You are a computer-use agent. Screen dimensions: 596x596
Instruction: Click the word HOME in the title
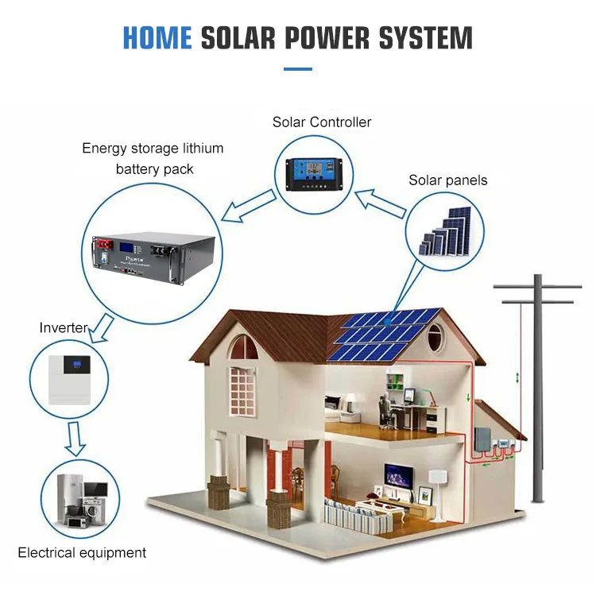[157, 38]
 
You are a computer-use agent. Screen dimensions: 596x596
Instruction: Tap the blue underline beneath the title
[297, 69]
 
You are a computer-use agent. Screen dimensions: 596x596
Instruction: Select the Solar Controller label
[322, 122]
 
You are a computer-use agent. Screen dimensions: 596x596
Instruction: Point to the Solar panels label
[448, 180]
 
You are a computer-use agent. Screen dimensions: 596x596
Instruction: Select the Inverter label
[64, 327]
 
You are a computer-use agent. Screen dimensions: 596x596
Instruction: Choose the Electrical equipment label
[82, 552]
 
